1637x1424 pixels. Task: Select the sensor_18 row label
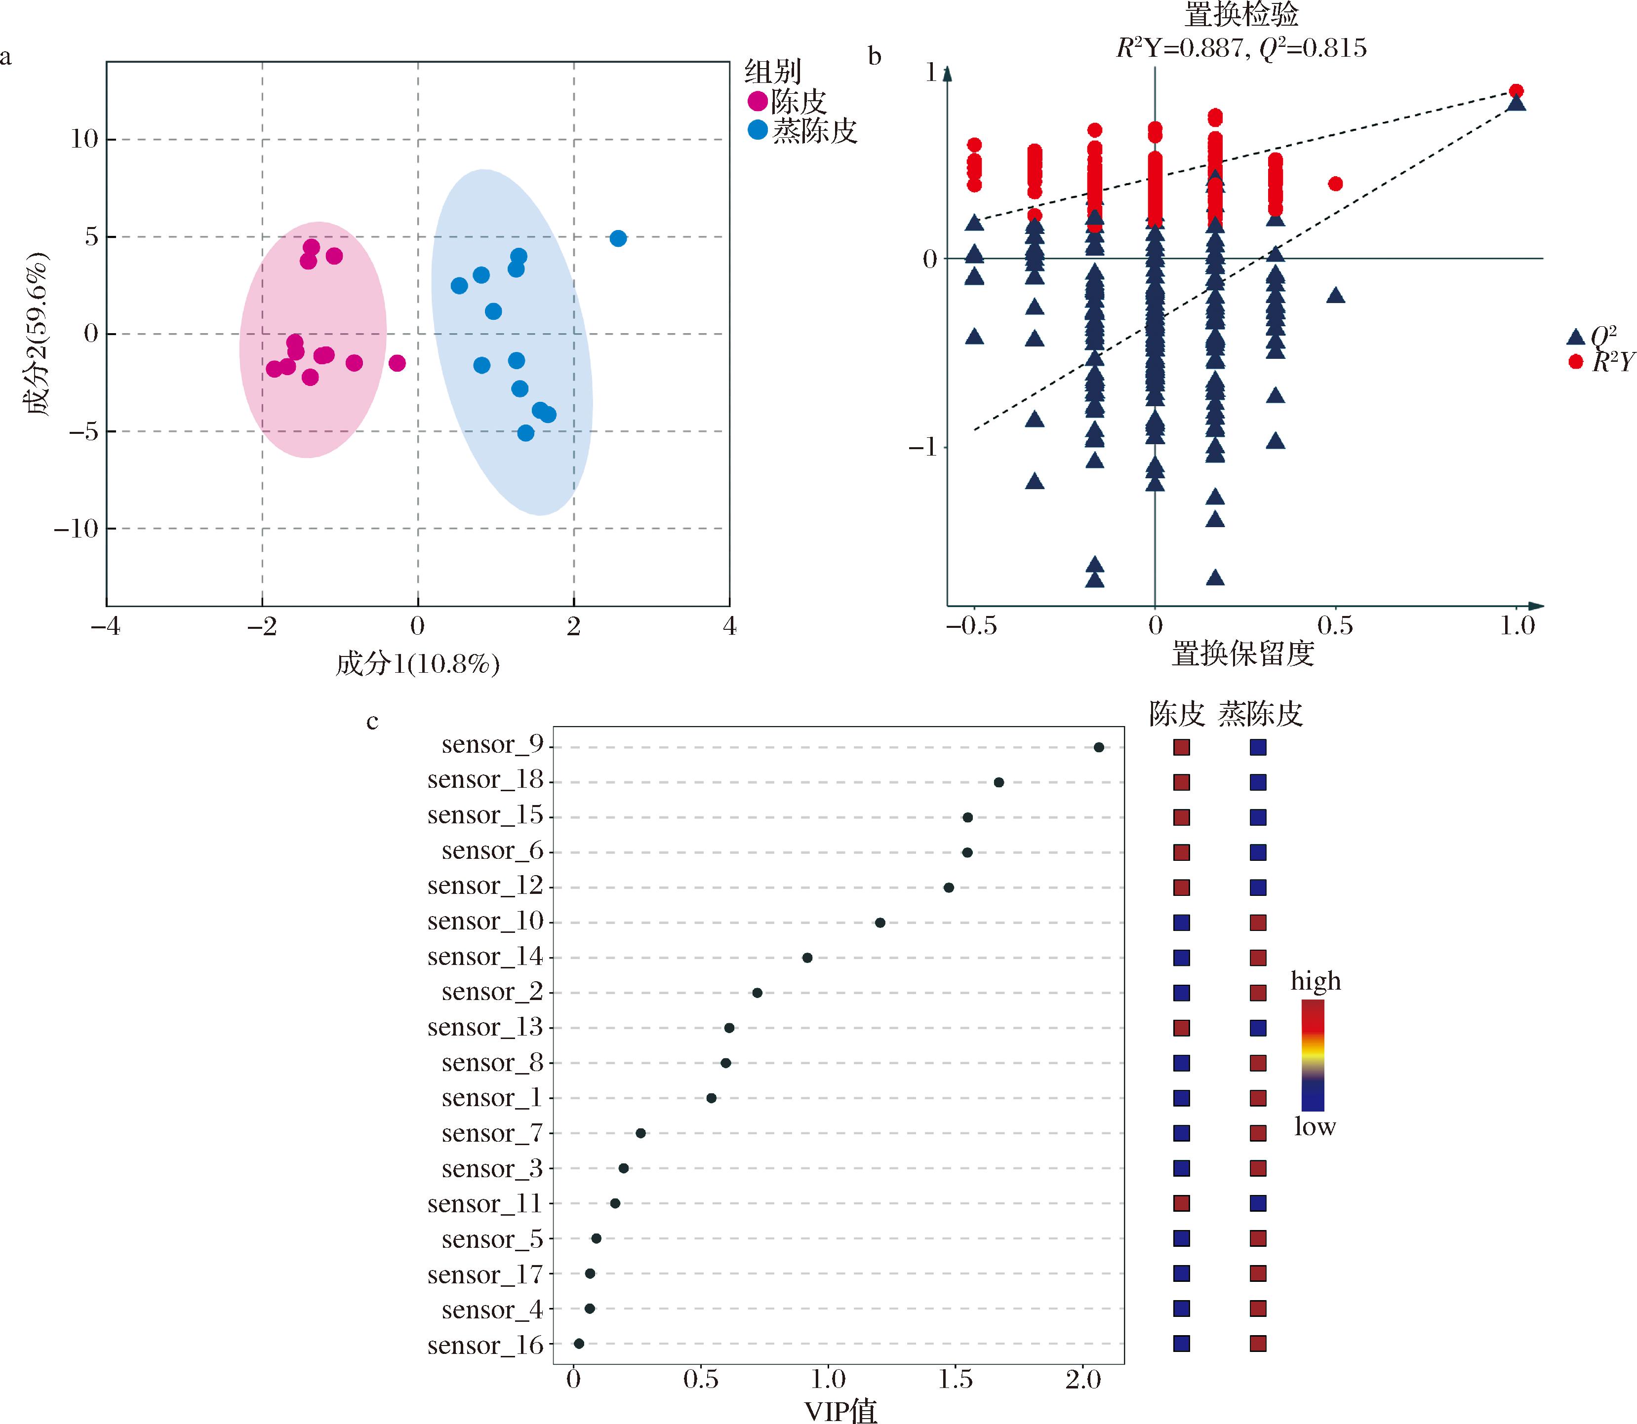point(485,781)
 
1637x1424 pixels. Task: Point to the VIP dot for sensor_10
point(880,923)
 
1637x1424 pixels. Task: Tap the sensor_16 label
point(485,1346)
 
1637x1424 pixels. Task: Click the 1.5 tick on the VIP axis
point(955,1380)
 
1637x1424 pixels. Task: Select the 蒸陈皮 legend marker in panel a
point(758,129)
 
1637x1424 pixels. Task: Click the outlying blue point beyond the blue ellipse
point(618,238)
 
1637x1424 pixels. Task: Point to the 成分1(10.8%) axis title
point(417,663)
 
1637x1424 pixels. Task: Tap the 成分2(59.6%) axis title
point(36,334)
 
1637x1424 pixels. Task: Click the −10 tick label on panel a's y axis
point(76,529)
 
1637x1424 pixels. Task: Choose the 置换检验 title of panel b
point(1241,15)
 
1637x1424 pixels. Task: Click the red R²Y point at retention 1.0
point(1516,91)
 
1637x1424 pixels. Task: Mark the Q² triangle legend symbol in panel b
point(1575,336)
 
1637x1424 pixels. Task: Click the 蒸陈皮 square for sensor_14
point(1258,958)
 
